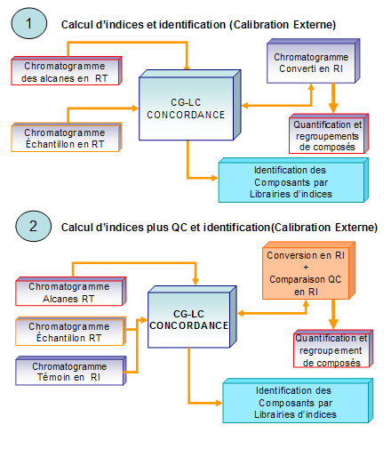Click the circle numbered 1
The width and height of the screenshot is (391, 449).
coord(28,23)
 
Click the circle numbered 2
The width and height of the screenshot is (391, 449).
coord(33,226)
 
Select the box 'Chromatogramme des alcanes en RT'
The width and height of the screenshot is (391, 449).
coord(67,71)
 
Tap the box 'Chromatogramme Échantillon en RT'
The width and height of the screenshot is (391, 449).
coord(67,138)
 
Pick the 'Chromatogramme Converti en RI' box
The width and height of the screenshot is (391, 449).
coord(313,61)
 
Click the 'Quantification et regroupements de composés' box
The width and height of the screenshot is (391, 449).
coord(329,134)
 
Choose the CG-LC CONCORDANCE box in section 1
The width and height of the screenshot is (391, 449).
coord(189,105)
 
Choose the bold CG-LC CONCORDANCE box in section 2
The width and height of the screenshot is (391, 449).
coord(192,317)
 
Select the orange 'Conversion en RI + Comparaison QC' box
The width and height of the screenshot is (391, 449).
coord(308,270)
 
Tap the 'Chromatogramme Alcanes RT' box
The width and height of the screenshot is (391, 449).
coord(71,292)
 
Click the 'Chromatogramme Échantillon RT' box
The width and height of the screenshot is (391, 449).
coord(71,332)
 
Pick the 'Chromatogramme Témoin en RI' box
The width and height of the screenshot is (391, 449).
coord(71,371)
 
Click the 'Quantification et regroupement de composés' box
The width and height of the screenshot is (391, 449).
coord(333,349)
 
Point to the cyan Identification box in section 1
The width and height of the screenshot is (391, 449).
coord(293,180)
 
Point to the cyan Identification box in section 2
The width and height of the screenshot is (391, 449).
coord(298,401)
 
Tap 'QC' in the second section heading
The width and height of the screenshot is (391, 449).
coord(180,228)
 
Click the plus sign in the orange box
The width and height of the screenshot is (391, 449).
coord(306,268)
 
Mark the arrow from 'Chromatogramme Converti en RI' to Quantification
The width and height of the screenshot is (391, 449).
coord(333,98)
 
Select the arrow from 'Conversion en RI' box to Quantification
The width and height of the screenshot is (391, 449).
coord(333,314)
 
